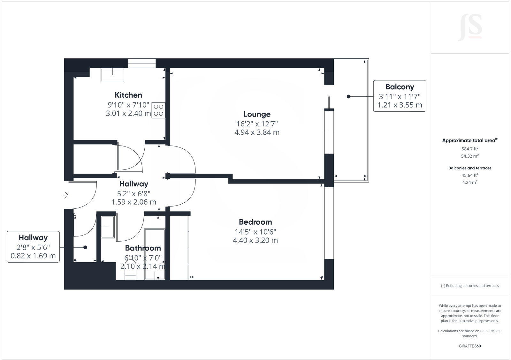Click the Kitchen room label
click(128, 95)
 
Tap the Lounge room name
click(257, 114)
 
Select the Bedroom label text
click(255, 222)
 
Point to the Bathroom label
click(143, 248)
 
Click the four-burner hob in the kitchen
click(158, 110)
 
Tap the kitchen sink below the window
click(112, 75)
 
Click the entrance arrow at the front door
click(65, 195)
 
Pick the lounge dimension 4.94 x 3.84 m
click(257, 132)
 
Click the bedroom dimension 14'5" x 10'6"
click(256, 232)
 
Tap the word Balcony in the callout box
click(400, 87)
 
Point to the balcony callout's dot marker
click(348, 97)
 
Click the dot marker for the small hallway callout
click(85, 247)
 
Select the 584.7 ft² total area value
click(470, 149)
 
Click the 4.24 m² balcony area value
click(470, 183)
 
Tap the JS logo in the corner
click(470, 27)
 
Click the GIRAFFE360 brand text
click(470, 346)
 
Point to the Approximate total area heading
click(470, 140)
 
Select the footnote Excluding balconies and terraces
click(470, 286)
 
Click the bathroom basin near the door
click(107, 227)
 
